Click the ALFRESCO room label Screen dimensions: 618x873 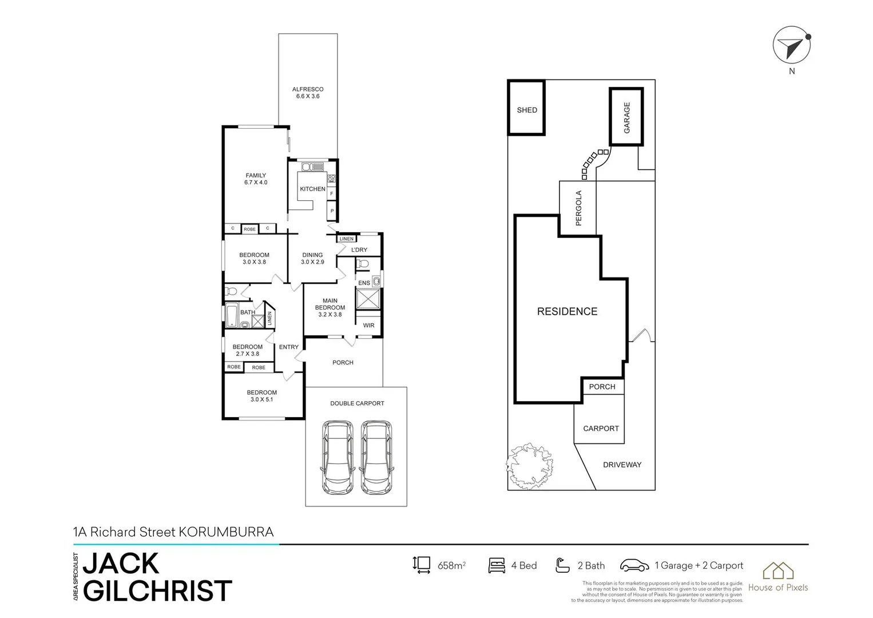(x=308, y=93)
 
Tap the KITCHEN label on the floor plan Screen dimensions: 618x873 (x=312, y=189)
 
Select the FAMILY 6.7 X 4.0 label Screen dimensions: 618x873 (x=256, y=179)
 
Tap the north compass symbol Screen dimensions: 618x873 (x=792, y=46)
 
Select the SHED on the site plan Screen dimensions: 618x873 (x=526, y=109)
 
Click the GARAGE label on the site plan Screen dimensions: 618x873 (x=626, y=117)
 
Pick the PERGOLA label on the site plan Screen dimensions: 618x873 (x=578, y=208)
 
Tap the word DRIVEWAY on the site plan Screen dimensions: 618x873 (x=622, y=465)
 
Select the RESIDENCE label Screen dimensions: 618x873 (x=567, y=311)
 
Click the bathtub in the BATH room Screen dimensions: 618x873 (x=232, y=315)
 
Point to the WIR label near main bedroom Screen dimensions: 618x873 (x=368, y=326)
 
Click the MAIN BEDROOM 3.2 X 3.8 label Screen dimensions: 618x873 (x=330, y=307)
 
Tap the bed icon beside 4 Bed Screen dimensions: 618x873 (x=497, y=565)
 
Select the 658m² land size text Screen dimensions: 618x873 (x=451, y=566)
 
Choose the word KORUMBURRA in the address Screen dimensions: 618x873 (x=227, y=532)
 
